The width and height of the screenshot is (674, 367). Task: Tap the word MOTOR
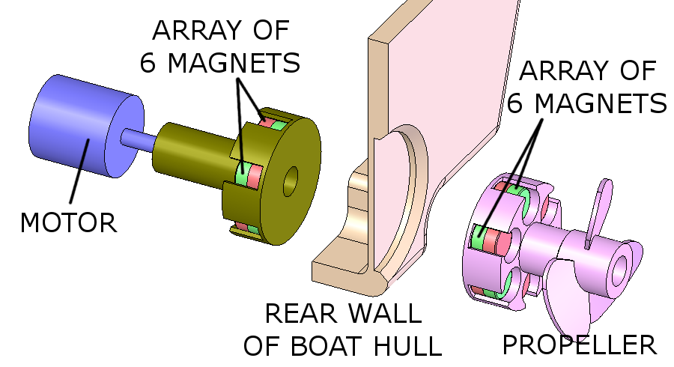coord(68,222)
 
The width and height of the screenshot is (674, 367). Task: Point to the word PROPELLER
coord(579,345)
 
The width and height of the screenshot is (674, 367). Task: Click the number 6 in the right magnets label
coord(516,103)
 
